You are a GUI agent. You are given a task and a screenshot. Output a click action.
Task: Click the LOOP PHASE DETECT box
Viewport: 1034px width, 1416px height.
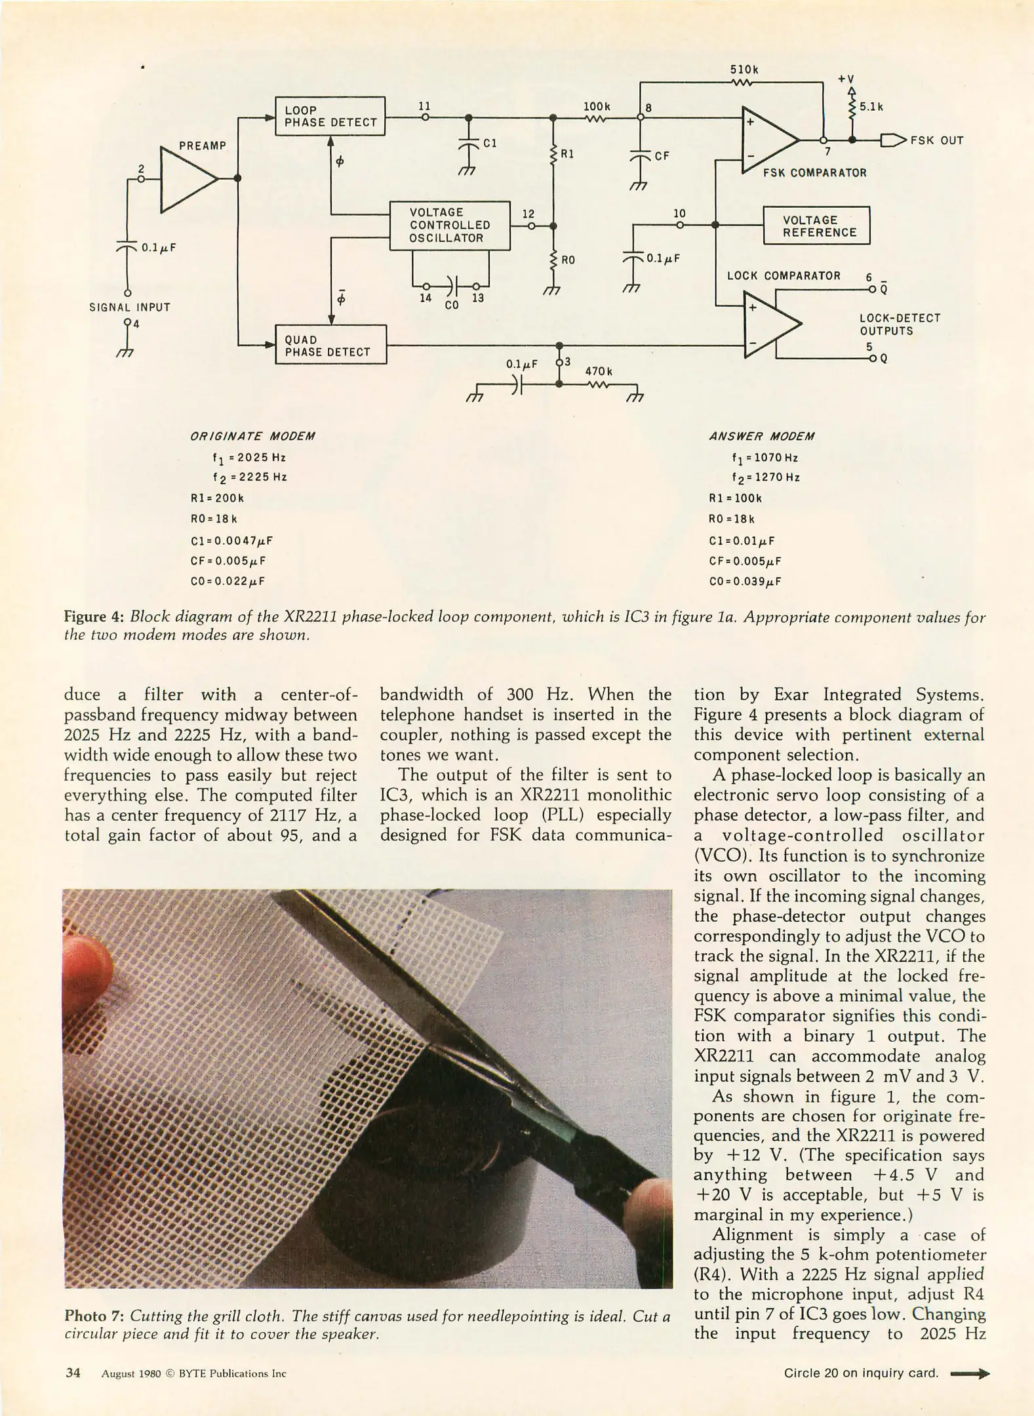pos(330,116)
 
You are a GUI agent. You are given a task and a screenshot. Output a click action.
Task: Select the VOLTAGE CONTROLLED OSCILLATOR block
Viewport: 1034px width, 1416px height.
pos(450,225)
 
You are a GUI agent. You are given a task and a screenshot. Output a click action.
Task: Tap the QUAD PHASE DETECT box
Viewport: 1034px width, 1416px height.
pos(330,345)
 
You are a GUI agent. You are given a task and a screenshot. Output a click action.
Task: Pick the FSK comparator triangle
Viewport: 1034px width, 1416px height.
pos(767,140)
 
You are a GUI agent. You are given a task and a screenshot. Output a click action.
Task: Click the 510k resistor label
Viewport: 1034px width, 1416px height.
pos(744,69)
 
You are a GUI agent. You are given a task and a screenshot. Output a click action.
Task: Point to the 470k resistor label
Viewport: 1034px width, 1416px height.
pos(599,371)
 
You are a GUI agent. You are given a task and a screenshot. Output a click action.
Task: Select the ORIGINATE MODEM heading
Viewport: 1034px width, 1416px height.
pos(252,437)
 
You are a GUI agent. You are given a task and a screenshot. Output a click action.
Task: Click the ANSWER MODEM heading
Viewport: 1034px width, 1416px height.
pos(761,437)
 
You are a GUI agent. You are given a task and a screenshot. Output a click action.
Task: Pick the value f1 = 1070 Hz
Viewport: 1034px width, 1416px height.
pos(765,458)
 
